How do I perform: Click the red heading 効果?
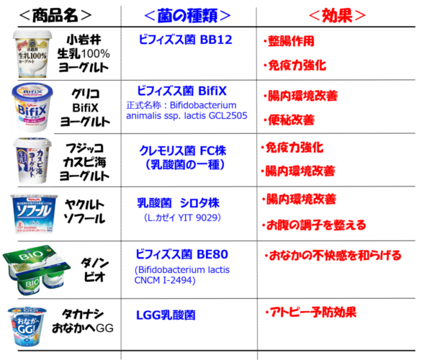pos(338,15)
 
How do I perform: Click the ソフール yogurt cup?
pos(35,213)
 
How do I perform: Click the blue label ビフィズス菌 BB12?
pos(185,40)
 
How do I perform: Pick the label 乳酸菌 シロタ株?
pos(182,202)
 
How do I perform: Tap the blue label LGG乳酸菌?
pos(166,315)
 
